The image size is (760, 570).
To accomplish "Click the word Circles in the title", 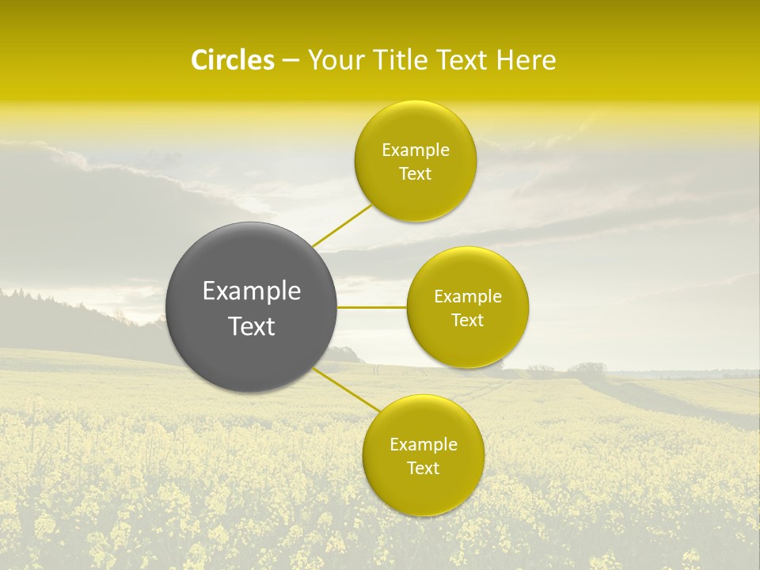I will (232, 60).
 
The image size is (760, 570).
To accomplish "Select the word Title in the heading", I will (408, 60).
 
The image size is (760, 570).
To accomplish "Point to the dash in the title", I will (291, 61).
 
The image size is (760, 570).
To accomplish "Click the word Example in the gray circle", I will (252, 291).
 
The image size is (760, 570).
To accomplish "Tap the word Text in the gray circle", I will (252, 326).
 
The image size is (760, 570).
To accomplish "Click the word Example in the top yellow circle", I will (416, 150).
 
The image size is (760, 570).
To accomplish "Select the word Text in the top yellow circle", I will (416, 174).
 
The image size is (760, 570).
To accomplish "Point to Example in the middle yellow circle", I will (468, 297).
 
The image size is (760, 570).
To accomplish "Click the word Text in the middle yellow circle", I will (468, 321).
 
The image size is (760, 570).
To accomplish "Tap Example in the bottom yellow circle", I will (424, 445).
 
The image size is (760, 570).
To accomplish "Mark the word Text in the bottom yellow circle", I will (424, 469).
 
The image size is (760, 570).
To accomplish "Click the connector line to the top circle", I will (342, 225).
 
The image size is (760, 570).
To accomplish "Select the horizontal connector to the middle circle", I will (372, 307).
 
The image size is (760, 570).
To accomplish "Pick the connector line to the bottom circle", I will (347, 389).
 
